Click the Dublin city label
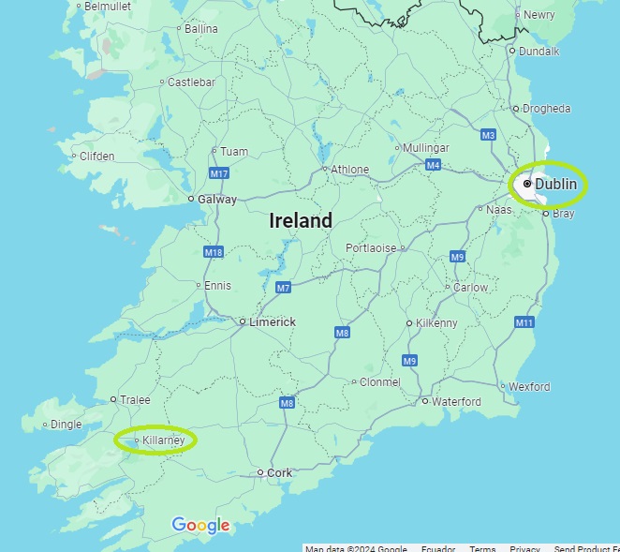(x=555, y=185)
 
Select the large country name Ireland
(x=301, y=221)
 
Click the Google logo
(x=200, y=526)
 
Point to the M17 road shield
(x=219, y=173)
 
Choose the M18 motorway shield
(x=214, y=252)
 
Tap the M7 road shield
(x=283, y=288)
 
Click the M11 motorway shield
(x=524, y=322)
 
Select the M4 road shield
(x=433, y=165)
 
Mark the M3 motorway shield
(x=488, y=135)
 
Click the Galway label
(x=217, y=199)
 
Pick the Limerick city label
(x=272, y=321)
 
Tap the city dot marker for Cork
(x=260, y=472)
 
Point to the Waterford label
(x=457, y=401)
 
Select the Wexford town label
(x=529, y=386)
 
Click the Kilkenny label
(x=436, y=322)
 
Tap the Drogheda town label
(x=546, y=109)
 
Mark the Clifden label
(x=96, y=157)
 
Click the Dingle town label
(x=66, y=425)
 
